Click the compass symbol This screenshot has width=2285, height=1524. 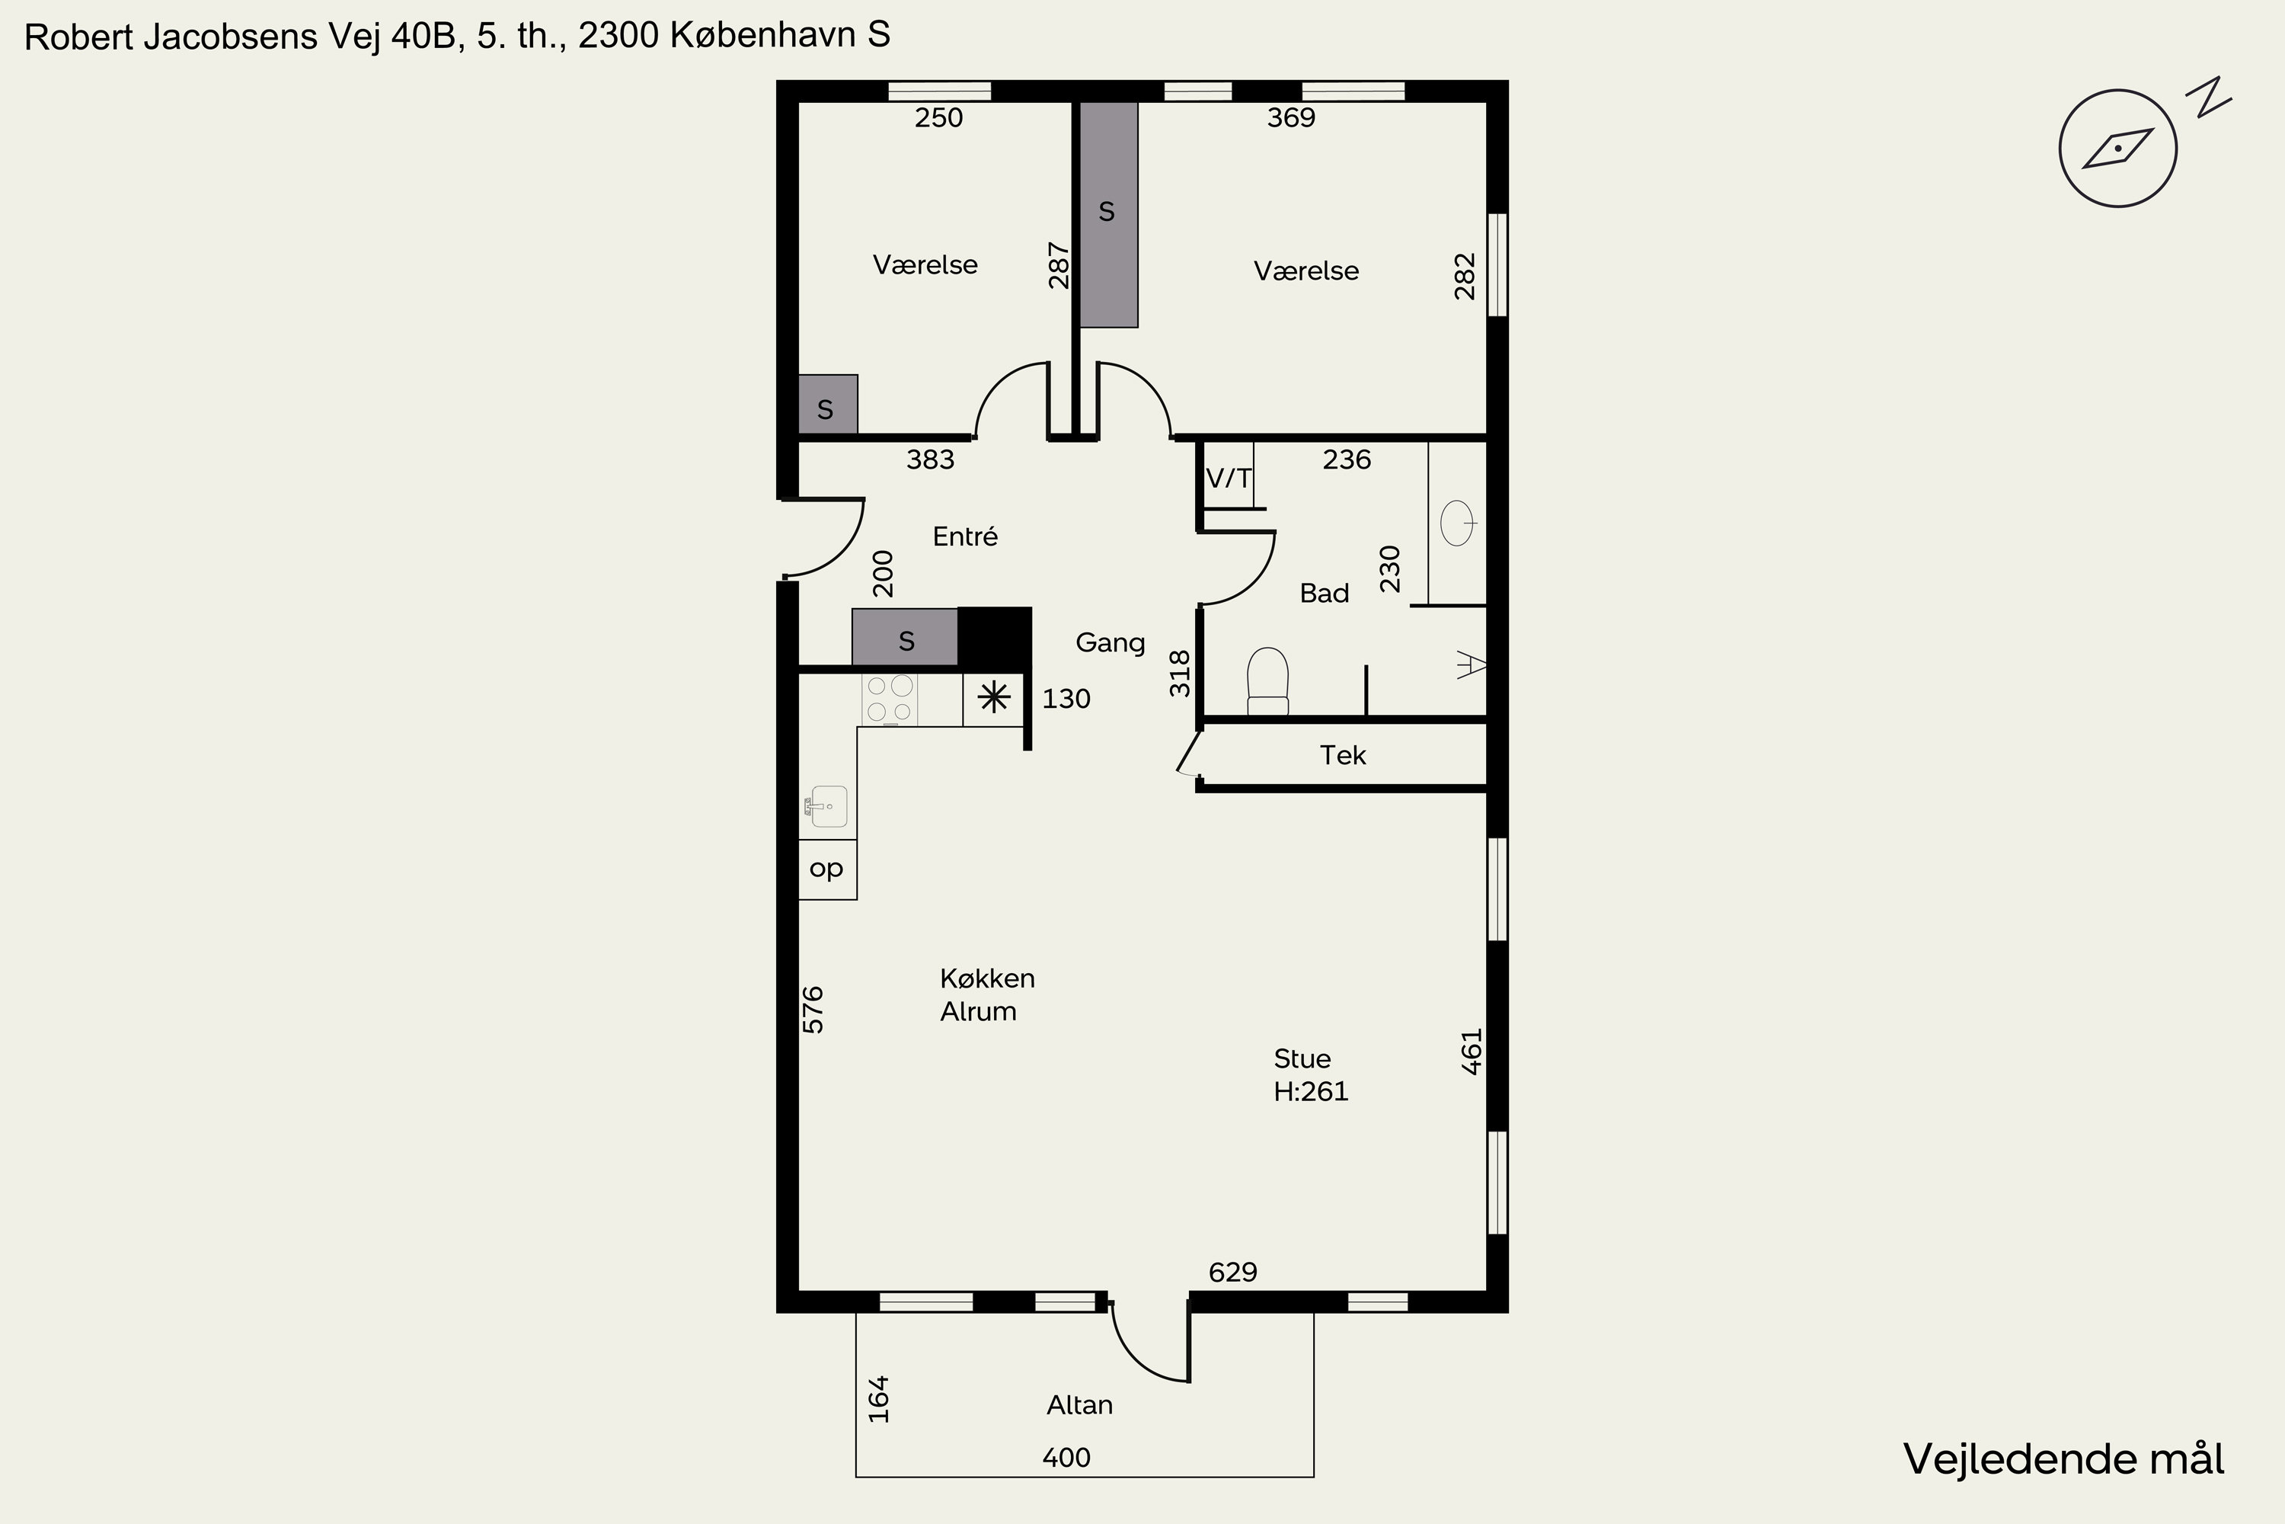click(2118, 148)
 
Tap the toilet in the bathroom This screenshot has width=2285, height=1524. click(1268, 681)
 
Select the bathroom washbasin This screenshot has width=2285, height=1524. click(1459, 523)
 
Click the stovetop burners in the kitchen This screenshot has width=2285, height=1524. click(890, 700)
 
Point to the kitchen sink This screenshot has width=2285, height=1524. click(826, 807)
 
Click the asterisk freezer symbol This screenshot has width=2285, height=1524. click(994, 698)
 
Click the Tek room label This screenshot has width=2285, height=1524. click(1343, 755)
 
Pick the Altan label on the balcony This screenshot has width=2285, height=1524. click(1079, 1404)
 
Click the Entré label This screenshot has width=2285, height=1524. click(965, 536)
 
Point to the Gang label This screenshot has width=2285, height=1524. click(1111, 642)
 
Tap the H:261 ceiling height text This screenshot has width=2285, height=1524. click(1311, 1091)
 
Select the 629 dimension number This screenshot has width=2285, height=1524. click(1233, 1273)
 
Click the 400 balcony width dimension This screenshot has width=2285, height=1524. click(1066, 1458)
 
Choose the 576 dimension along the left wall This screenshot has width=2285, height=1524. click(813, 1010)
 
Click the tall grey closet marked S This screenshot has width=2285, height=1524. click(1108, 214)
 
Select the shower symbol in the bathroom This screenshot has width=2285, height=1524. click(1472, 666)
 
